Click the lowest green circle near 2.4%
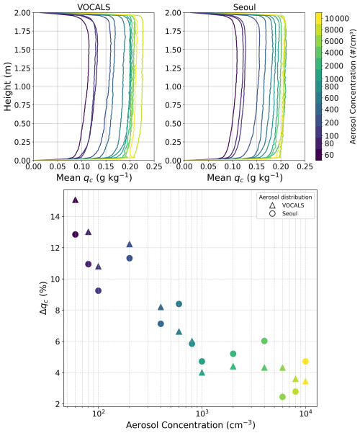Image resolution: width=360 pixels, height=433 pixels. click(282, 396)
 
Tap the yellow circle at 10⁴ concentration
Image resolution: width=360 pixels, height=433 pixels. click(305, 361)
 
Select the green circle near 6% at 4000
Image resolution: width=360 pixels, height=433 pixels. click(264, 341)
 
